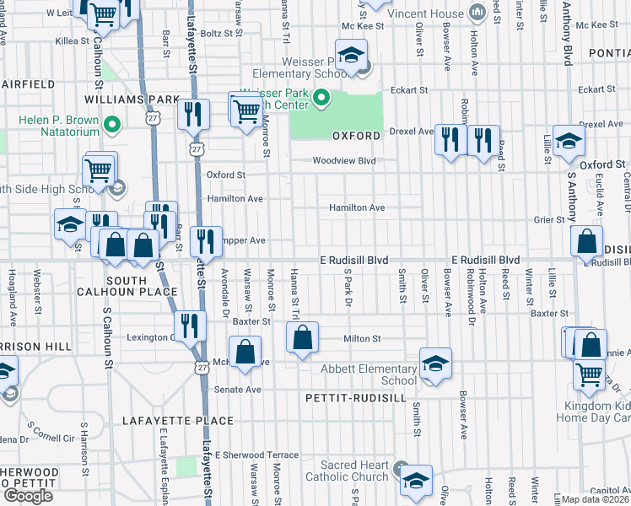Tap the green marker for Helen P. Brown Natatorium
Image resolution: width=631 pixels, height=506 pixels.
click(x=111, y=127)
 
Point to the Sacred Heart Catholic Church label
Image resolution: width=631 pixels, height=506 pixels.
click(x=353, y=471)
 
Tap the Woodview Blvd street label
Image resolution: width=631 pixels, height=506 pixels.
click(x=343, y=160)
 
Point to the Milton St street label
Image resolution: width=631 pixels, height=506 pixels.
click(x=363, y=339)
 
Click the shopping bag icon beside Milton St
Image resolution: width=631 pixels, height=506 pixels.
click(x=302, y=338)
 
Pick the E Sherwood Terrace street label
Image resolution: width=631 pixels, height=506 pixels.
click(x=256, y=455)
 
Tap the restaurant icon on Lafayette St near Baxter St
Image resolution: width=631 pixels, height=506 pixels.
click(x=191, y=326)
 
